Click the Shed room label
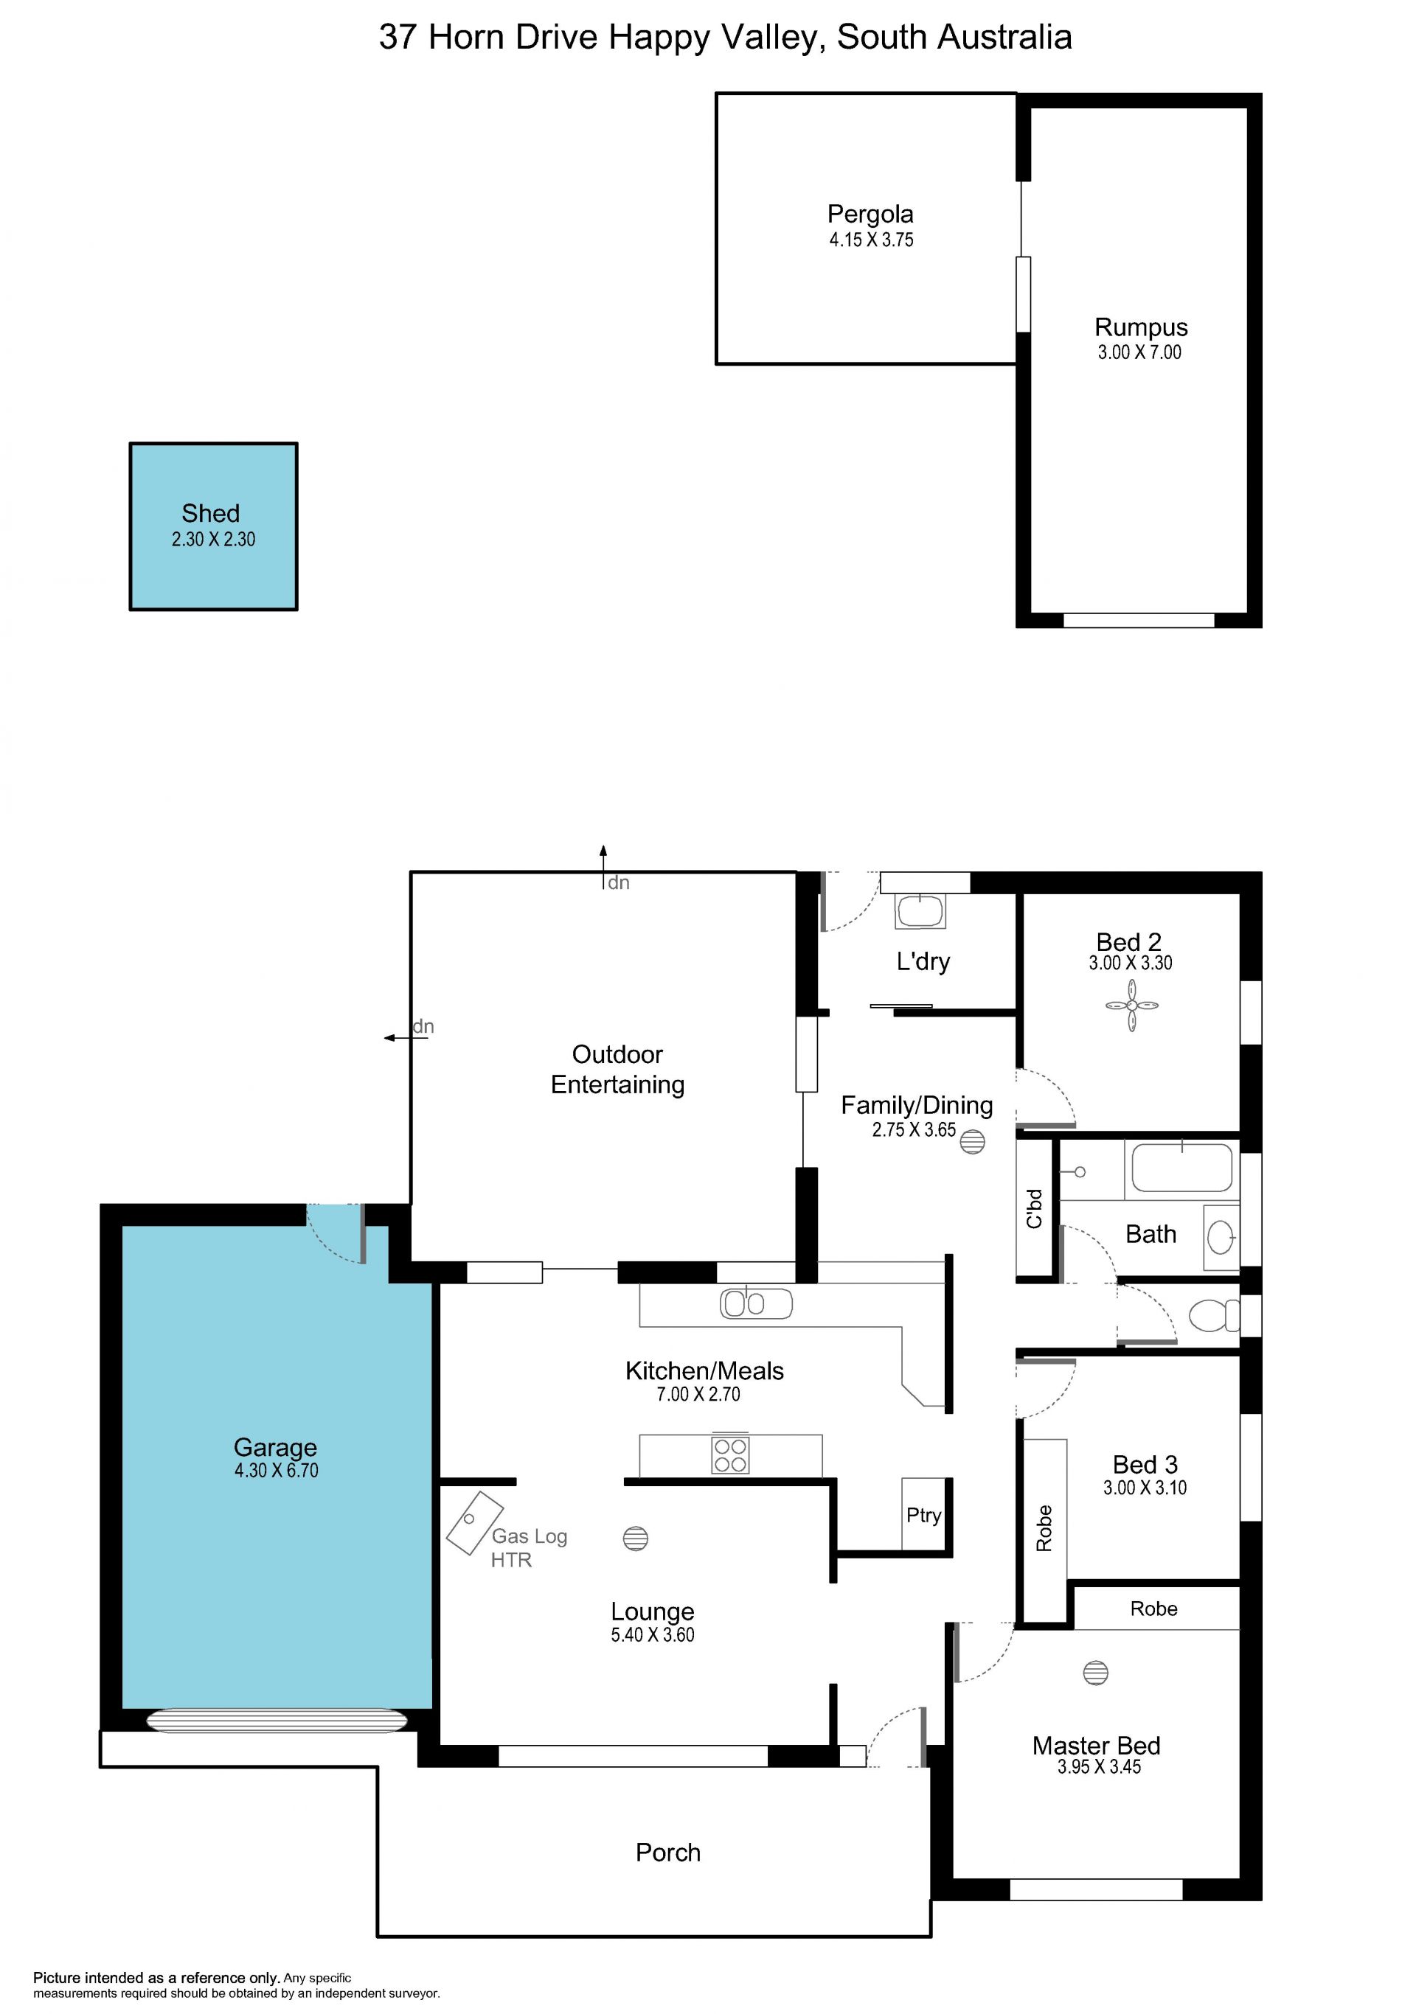211,513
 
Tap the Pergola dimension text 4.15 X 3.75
871,240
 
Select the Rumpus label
1140,328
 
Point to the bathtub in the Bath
1181,1168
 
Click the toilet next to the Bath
1214,1316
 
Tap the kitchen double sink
756,1304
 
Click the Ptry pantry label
924,1516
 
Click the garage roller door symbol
277,1720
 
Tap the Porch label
667,1853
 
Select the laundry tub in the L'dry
920,910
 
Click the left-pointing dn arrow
406,1038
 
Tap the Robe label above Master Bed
1153,1609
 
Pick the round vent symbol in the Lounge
635,1538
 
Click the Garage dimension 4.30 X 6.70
277,1471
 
